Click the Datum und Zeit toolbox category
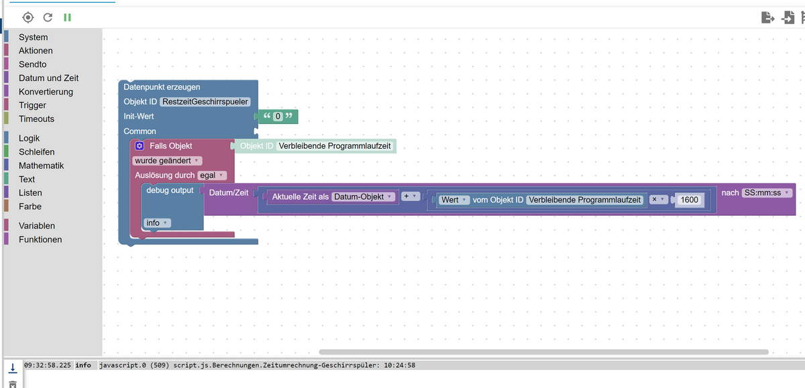pos(48,78)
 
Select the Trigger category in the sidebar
pos(32,105)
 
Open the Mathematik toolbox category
pos(41,166)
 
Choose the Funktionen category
pos(40,239)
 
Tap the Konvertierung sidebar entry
pos(46,92)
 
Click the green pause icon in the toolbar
pos(67,17)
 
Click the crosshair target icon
pos(28,17)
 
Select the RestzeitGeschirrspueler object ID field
pos(205,102)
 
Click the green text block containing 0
pos(278,117)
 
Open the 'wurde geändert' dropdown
pos(167,161)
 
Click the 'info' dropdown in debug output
pos(157,223)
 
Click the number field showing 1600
pos(689,200)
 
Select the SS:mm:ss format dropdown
pos(766,193)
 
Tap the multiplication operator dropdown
pos(658,200)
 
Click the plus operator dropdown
pos(410,196)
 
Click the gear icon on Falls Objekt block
pos(140,146)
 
